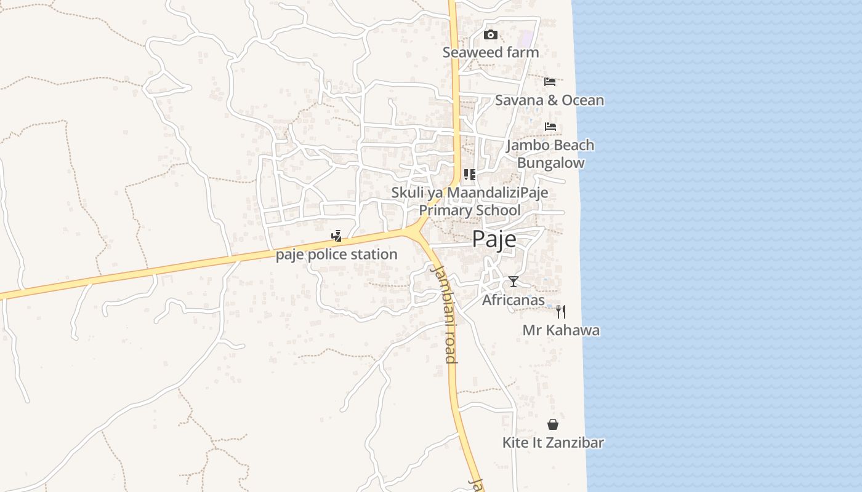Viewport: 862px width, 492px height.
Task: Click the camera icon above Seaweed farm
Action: point(490,34)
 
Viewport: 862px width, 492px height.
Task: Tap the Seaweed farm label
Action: point(491,52)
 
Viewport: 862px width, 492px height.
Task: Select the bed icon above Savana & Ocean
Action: point(550,81)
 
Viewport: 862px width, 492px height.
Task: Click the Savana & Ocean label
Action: point(549,100)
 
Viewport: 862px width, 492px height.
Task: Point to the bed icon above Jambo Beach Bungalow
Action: point(550,127)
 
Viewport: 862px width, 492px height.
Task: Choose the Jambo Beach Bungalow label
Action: point(550,154)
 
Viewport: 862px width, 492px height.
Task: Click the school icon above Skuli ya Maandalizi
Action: point(470,175)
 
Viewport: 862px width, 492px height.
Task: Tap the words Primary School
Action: point(470,210)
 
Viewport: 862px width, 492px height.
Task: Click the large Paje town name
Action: point(494,240)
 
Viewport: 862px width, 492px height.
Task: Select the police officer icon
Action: point(336,236)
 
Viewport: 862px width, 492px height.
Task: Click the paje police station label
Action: point(336,254)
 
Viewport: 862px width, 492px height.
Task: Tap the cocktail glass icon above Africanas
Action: point(514,282)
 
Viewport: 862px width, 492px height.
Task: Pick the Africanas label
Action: point(513,300)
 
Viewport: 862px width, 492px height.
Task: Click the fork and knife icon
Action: point(560,311)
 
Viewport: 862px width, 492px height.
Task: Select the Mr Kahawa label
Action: point(561,330)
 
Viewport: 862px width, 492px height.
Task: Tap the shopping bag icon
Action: point(553,424)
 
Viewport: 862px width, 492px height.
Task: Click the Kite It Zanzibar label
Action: point(553,443)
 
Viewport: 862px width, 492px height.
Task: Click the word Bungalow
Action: point(550,163)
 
